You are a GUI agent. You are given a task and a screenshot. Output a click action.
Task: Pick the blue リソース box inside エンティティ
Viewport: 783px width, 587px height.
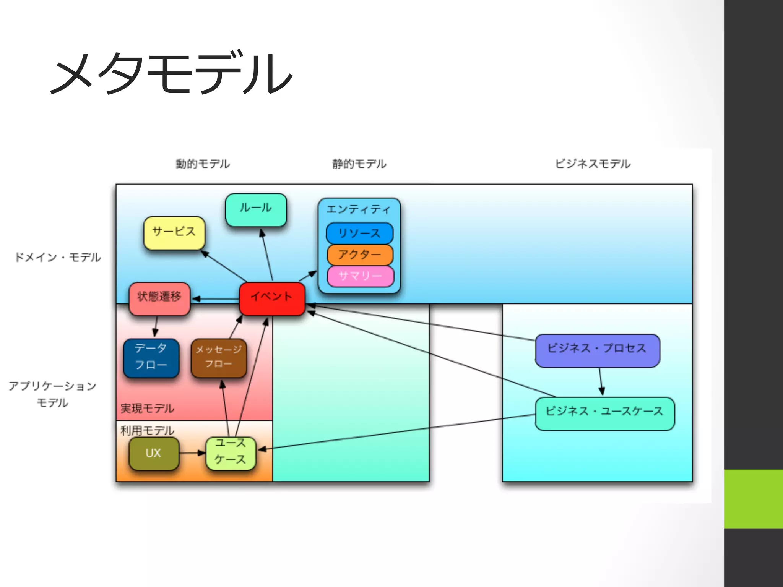point(359,233)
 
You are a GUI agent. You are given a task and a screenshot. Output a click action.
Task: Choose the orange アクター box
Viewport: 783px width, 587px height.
point(360,255)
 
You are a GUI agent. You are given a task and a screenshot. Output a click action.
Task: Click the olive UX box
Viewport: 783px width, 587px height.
point(154,453)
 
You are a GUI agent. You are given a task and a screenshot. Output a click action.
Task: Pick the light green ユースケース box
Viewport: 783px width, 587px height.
point(231,453)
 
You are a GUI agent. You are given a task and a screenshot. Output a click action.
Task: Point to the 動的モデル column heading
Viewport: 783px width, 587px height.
point(203,164)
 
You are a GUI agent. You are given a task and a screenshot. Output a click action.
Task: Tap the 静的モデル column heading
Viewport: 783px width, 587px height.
point(359,164)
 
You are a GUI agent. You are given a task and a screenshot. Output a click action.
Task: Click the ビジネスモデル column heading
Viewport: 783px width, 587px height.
point(593,164)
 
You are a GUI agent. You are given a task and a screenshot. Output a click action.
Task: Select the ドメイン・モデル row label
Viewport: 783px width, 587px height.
point(58,257)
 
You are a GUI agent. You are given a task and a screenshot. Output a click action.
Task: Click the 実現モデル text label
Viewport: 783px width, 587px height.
point(147,409)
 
